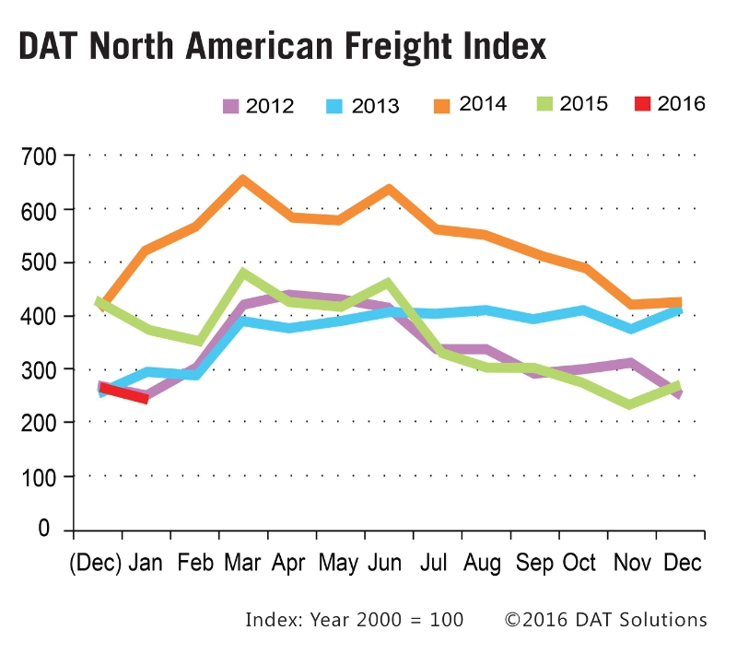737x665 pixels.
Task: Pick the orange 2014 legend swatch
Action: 444,104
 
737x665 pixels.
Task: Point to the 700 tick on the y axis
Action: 38,157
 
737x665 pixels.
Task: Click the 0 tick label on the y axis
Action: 44,530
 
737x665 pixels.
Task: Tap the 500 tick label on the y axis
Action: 38,263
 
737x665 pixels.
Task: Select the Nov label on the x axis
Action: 631,563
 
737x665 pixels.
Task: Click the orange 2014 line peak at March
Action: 242,181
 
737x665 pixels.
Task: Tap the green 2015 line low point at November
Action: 631,403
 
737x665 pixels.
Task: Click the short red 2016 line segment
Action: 123,393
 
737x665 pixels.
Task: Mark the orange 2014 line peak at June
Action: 388,190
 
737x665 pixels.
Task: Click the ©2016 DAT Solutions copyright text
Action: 605,620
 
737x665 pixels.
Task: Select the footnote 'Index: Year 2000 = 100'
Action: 354,620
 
